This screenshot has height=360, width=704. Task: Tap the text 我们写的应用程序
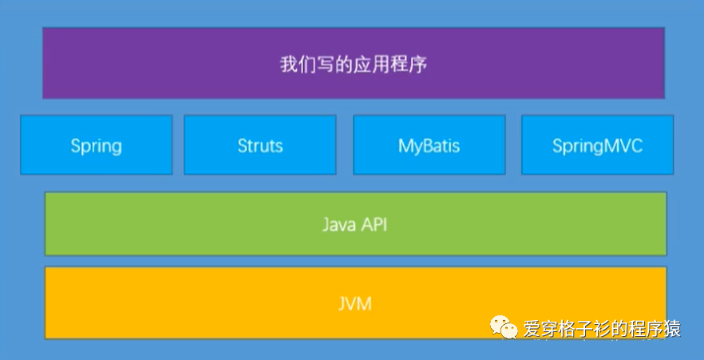tap(354, 64)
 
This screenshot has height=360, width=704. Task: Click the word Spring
tap(96, 146)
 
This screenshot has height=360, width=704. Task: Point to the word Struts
tap(260, 146)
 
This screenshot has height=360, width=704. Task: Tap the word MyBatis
tap(429, 146)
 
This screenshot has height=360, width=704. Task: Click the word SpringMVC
tap(597, 146)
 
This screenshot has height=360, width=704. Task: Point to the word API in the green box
tap(374, 224)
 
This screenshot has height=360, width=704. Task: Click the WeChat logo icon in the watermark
tap(504, 326)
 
